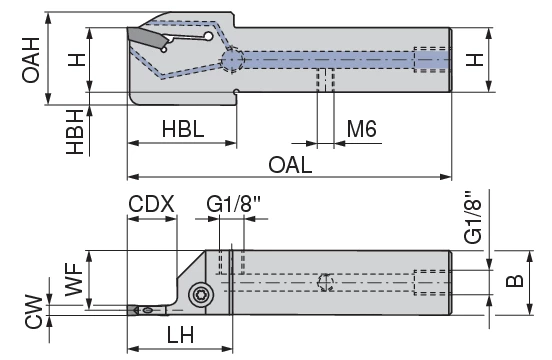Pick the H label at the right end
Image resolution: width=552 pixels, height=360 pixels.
pos(478,59)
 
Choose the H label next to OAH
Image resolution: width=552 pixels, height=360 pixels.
pos(73,59)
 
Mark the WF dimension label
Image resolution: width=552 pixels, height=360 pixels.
pos(73,279)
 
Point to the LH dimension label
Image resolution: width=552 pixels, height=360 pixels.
pos(181,336)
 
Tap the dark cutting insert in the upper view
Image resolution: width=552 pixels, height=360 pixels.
pos(146,38)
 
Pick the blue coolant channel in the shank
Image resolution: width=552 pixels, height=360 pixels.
pos(340,59)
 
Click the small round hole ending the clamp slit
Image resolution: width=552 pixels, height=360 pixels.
pos(208,36)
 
